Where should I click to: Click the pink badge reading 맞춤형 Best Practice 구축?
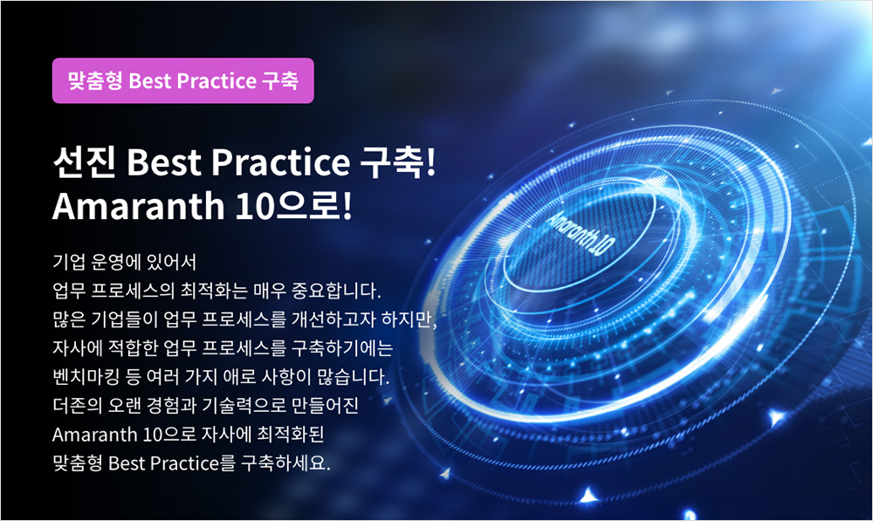pyautogui.click(x=183, y=80)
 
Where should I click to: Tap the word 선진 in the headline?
pyautogui.click(x=85, y=162)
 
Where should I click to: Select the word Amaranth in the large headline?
pyautogui.click(x=139, y=206)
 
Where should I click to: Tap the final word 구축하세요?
pyautogui.click(x=285, y=463)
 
